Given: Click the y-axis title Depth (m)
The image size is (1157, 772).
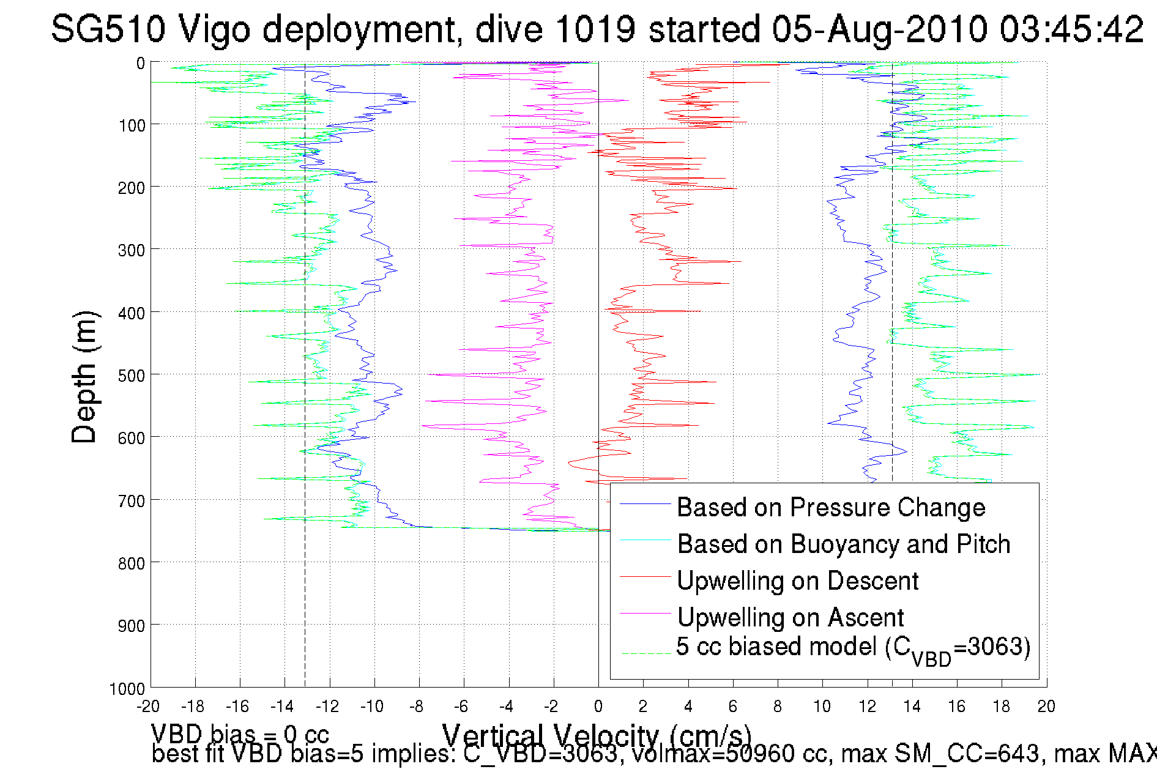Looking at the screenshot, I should (84, 377).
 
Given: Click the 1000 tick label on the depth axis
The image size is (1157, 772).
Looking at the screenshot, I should (127, 689).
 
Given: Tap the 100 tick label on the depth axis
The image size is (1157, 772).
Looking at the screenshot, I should (132, 125).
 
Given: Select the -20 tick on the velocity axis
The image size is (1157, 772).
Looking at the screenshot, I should (148, 707).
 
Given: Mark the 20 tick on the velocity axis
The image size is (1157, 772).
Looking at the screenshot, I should (1046, 707).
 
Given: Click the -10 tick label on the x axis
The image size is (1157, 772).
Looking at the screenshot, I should (371, 707).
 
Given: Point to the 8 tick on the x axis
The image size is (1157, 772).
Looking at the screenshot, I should (778, 707).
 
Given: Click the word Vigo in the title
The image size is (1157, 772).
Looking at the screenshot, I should (213, 29).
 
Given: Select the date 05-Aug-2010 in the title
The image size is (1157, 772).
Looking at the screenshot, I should (879, 29).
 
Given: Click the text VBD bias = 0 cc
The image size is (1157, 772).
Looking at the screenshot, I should (240, 733).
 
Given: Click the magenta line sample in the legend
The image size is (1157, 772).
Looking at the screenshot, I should (645, 613).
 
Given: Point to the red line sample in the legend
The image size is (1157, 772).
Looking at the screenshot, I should (645, 576).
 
